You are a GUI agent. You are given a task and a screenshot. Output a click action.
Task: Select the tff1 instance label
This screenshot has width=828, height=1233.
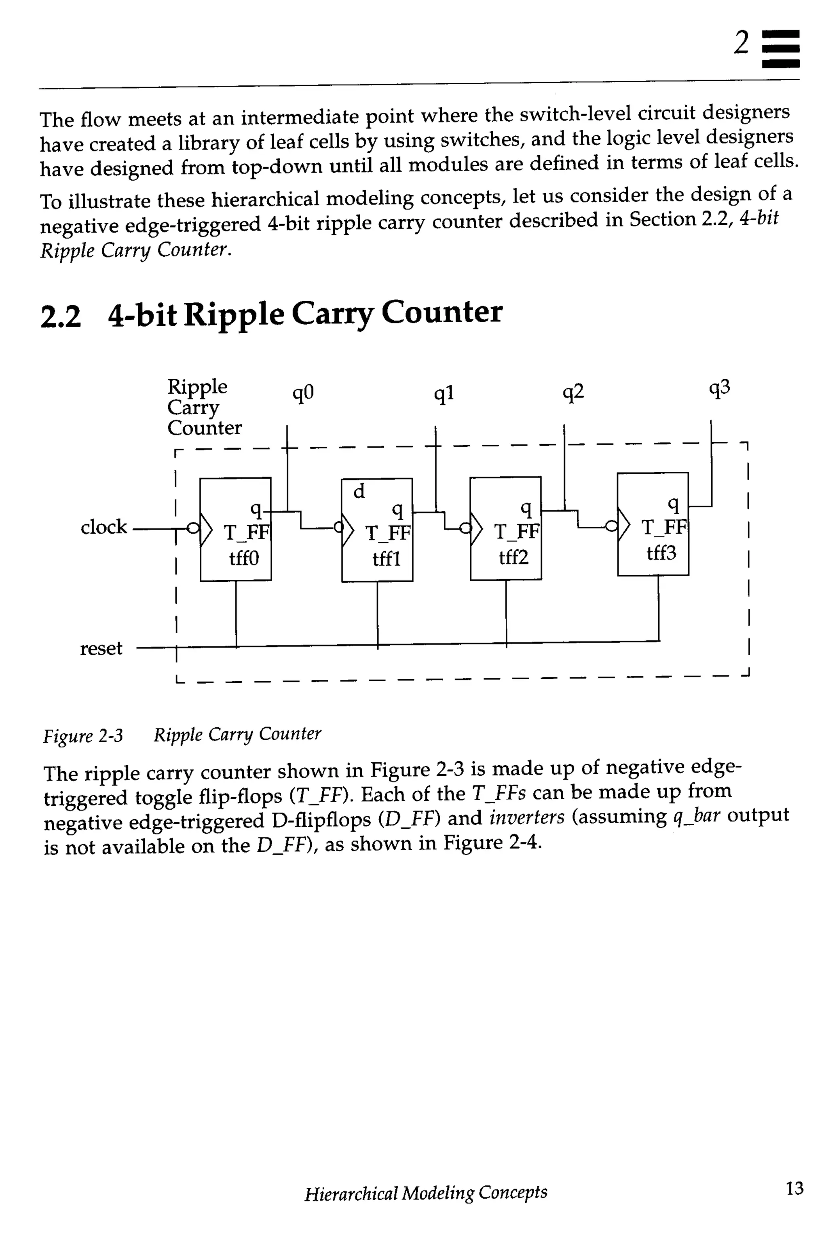click(386, 559)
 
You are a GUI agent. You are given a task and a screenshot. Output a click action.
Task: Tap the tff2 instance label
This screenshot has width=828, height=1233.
click(513, 557)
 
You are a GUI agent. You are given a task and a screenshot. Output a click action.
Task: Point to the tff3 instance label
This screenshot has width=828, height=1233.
click(661, 553)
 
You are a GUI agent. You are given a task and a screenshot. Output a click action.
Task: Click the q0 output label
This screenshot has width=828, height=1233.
click(303, 393)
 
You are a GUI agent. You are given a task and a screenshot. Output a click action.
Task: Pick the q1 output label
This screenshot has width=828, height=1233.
click(444, 394)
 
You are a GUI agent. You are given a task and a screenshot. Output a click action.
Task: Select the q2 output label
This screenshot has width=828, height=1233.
click(573, 393)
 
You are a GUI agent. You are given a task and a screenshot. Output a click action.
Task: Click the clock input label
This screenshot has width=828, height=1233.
click(103, 527)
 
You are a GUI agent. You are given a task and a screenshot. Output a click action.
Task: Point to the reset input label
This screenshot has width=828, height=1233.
click(101, 648)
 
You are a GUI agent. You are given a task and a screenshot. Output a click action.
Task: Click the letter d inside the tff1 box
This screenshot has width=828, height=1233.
click(359, 492)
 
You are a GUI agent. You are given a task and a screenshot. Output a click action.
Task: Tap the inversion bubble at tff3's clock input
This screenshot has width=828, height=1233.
click(611, 526)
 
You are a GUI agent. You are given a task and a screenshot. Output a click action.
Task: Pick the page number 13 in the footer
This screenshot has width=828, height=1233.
click(794, 1188)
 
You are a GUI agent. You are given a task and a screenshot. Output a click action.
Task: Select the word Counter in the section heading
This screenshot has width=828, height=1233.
click(441, 312)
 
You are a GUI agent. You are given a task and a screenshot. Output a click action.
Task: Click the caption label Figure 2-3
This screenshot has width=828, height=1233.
click(83, 736)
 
